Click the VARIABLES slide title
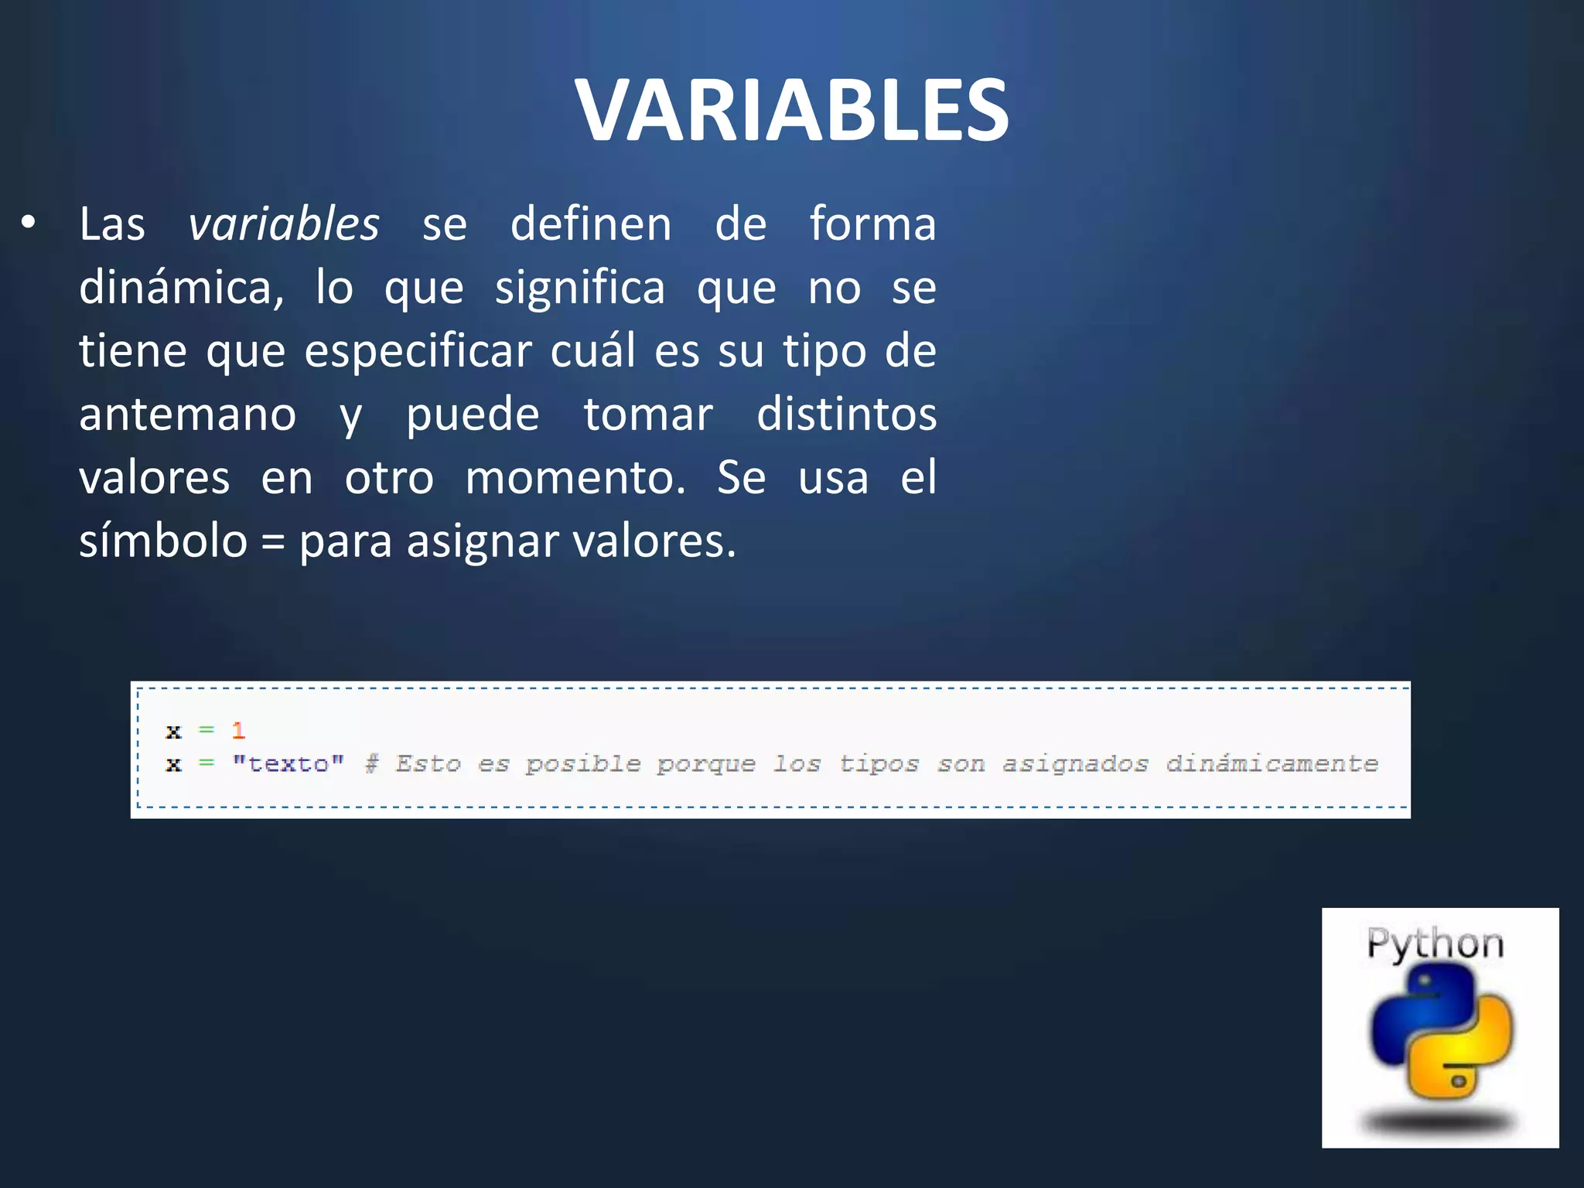point(791,110)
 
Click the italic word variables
point(284,224)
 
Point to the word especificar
point(418,351)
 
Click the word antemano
point(187,415)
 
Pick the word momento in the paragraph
point(575,478)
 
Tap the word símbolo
point(163,541)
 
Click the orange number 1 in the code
point(238,730)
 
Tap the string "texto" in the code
point(288,764)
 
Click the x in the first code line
point(173,731)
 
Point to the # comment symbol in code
point(372,764)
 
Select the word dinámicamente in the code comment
point(1272,764)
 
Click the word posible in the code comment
point(583,764)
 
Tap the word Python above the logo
point(1435,944)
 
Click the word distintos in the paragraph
point(846,415)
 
